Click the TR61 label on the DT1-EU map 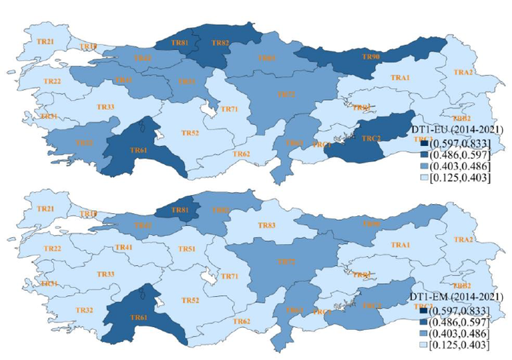click(139, 151)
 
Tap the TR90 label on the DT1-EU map click(371, 57)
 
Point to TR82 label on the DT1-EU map click(221, 43)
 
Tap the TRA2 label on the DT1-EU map click(464, 72)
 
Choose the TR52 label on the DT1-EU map click(191, 133)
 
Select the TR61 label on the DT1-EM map click(139, 318)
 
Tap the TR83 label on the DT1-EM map click(267, 225)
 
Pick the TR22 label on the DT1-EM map click(52, 249)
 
